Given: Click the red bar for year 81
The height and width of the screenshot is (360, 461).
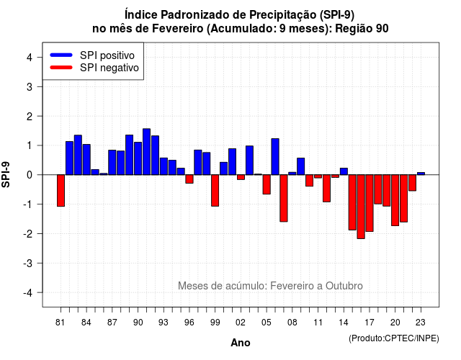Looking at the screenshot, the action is coord(61,190).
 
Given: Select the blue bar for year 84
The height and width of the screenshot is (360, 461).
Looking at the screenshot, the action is coord(86,160).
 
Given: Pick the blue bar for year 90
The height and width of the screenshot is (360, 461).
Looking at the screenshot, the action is coord(138,158).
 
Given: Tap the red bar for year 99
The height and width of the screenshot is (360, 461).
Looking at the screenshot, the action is coord(215,190).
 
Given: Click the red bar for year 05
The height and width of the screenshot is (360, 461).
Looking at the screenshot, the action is coord(267,184).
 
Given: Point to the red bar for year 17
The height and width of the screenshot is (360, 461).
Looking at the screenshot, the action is coord(370,203).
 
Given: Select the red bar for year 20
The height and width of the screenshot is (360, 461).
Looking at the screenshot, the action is coord(395,200).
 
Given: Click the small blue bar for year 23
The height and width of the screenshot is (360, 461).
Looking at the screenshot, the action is coord(421,174).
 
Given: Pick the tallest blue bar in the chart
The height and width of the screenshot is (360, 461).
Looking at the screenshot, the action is coord(146,152).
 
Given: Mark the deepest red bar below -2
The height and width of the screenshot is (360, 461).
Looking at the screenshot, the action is coord(361,207).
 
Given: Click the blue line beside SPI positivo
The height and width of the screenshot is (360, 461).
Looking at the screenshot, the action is coord(61,55).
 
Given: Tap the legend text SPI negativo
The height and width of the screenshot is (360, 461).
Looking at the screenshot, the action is coord(109,68).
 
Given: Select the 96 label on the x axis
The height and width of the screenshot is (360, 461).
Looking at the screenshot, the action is coord(189,323).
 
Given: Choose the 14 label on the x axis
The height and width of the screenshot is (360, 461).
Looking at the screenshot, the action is coord(344,323).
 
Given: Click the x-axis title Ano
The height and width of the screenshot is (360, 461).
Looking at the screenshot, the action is coord(241,343).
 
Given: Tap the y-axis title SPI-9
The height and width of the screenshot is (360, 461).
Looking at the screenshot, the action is coord(6,174).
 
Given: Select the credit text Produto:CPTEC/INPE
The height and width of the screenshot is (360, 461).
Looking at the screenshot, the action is coord(394,338).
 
